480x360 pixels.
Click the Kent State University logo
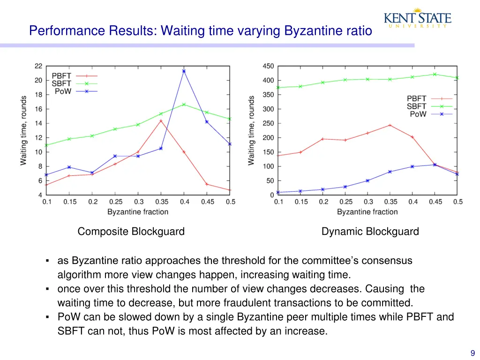[x=417, y=19]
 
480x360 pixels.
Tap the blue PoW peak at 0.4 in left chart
[x=184, y=71]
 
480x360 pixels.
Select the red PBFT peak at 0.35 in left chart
[x=161, y=120]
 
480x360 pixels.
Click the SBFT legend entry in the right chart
[x=417, y=106]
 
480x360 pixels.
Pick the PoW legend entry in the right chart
[x=418, y=114]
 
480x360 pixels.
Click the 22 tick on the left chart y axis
[x=38, y=66]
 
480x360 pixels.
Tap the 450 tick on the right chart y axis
[x=268, y=66]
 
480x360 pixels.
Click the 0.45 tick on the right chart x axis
[x=435, y=202]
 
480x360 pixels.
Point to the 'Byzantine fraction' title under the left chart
[x=138, y=212]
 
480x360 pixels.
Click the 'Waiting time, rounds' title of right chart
[x=252, y=130]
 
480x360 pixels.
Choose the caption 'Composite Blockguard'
[x=131, y=232]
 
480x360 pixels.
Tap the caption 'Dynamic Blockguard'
[x=370, y=232]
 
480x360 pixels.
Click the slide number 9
[x=473, y=353]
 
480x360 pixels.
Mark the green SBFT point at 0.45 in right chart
[x=435, y=74]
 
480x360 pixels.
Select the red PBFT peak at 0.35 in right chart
[x=390, y=125]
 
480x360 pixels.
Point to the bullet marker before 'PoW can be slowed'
[x=48, y=317]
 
